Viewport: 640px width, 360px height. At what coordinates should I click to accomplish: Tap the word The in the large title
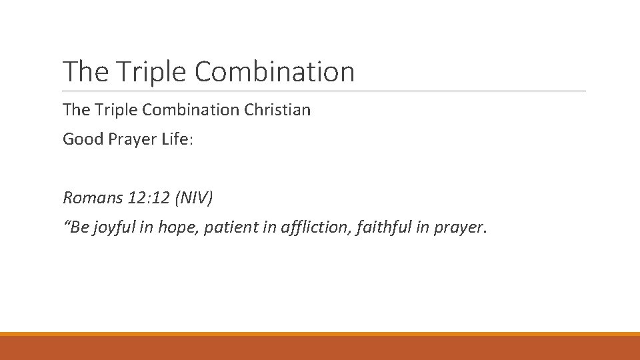tap(81, 72)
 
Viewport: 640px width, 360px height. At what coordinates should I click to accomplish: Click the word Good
tap(83, 139)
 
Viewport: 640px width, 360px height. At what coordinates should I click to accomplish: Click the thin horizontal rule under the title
tap(324, 91)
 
